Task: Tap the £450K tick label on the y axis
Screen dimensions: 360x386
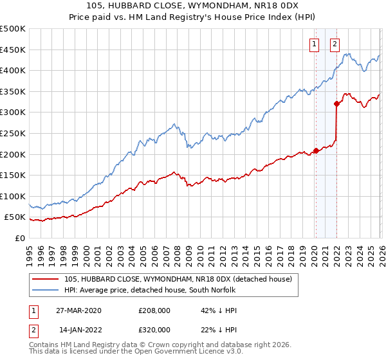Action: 13,50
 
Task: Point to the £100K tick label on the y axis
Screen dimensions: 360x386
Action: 13,196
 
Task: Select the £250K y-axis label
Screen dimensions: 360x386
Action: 13,133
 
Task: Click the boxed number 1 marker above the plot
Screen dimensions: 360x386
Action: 315,44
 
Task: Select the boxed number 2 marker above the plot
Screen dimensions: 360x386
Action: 335,44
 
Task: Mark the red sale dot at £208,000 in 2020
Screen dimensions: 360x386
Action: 316,151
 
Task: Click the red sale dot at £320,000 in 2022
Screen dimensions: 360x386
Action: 336,104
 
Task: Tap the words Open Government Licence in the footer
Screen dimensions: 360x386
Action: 187,352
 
